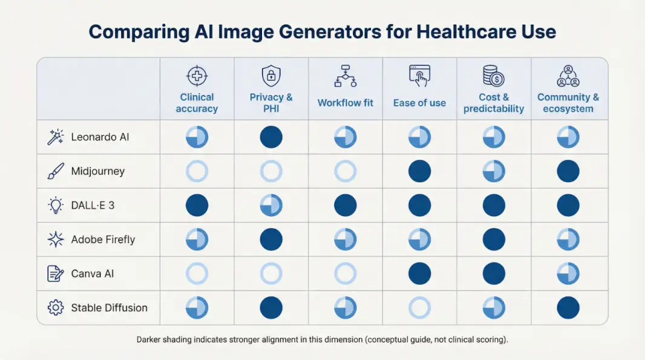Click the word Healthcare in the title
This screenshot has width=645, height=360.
click(443, 31)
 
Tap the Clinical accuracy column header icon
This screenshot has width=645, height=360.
click(197, 77)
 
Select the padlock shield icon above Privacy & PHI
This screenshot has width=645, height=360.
click(271, 77)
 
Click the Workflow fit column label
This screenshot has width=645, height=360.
click(345, 103)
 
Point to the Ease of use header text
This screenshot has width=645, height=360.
click(419, 103)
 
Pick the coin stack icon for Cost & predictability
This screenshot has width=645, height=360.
click(494, 77)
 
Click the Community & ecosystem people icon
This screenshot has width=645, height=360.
click(568, 77)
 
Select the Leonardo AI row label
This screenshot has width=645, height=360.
click(100, 137)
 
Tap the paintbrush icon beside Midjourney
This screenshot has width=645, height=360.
click(56, 171)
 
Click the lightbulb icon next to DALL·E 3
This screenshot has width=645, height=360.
click(56, 205)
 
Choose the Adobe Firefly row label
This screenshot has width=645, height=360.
click(103, 240)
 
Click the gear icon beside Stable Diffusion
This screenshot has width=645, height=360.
click(56, 307)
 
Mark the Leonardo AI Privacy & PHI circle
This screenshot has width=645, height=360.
click(271, 137)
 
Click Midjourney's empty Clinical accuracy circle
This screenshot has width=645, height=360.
click(197, 171)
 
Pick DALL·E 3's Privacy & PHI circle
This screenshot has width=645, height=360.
click(271, 205)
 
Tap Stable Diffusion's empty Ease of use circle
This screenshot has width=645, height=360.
click(419, 307)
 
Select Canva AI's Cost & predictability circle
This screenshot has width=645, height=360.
click(494, 273)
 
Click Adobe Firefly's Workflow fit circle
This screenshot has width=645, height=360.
click(345, 240)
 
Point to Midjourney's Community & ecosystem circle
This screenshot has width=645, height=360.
click(568, 171)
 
